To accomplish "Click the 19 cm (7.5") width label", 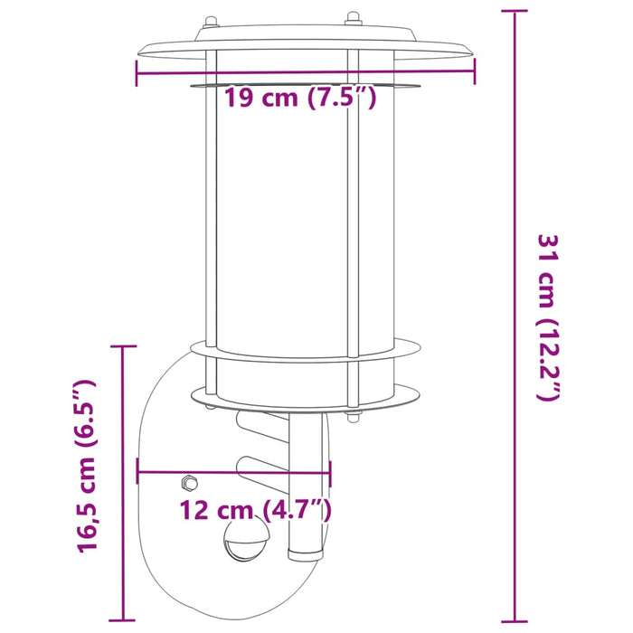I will [299, 98].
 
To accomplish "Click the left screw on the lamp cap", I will [210, 20].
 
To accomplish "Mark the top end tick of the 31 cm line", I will [515, 12].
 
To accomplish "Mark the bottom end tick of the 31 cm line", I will [515, 622].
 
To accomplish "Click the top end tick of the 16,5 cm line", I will [123, 346].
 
